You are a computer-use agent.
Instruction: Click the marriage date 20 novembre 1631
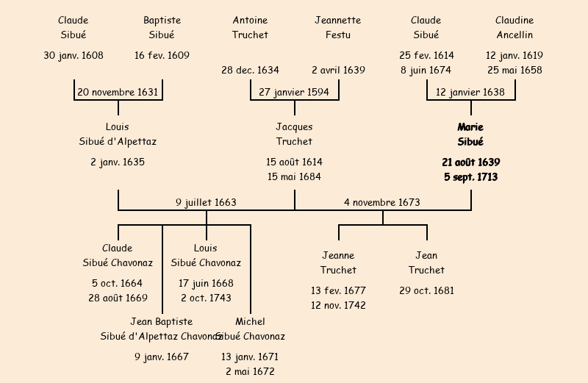(x=118, y=93)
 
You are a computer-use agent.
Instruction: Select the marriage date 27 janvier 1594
(x=294, y=93)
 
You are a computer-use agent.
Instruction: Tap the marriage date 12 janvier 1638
(x=470, y=93)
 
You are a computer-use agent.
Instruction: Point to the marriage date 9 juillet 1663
(x=206, y=203)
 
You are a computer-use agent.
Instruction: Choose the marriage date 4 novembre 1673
(x=382, y=203)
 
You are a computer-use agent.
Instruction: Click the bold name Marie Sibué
(x=470, y=135)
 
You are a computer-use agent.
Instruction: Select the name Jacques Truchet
(x=294, y=135)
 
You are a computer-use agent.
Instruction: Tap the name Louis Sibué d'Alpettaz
(x=118, y=135)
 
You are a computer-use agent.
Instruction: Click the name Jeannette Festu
(x=338, y=27)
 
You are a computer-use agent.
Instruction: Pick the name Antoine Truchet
(x=250, y=27)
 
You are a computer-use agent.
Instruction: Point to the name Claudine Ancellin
(x=514, y=27)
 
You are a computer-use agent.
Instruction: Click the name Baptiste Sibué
(x=162, y=27)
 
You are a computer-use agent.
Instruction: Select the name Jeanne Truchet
(x=338, y=263)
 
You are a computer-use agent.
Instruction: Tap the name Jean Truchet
(x=426, y=263)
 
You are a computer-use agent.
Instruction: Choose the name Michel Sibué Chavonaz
(x=250, y=329)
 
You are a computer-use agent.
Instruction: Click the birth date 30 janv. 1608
(x=73, y=56)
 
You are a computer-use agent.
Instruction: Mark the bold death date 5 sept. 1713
(x=470, y=177)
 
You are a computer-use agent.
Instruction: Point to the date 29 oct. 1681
(x=426, y=291)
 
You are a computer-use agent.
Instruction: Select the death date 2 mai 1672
(x=250, y=372)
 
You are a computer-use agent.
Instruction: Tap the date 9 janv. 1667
(x=162, y=357)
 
